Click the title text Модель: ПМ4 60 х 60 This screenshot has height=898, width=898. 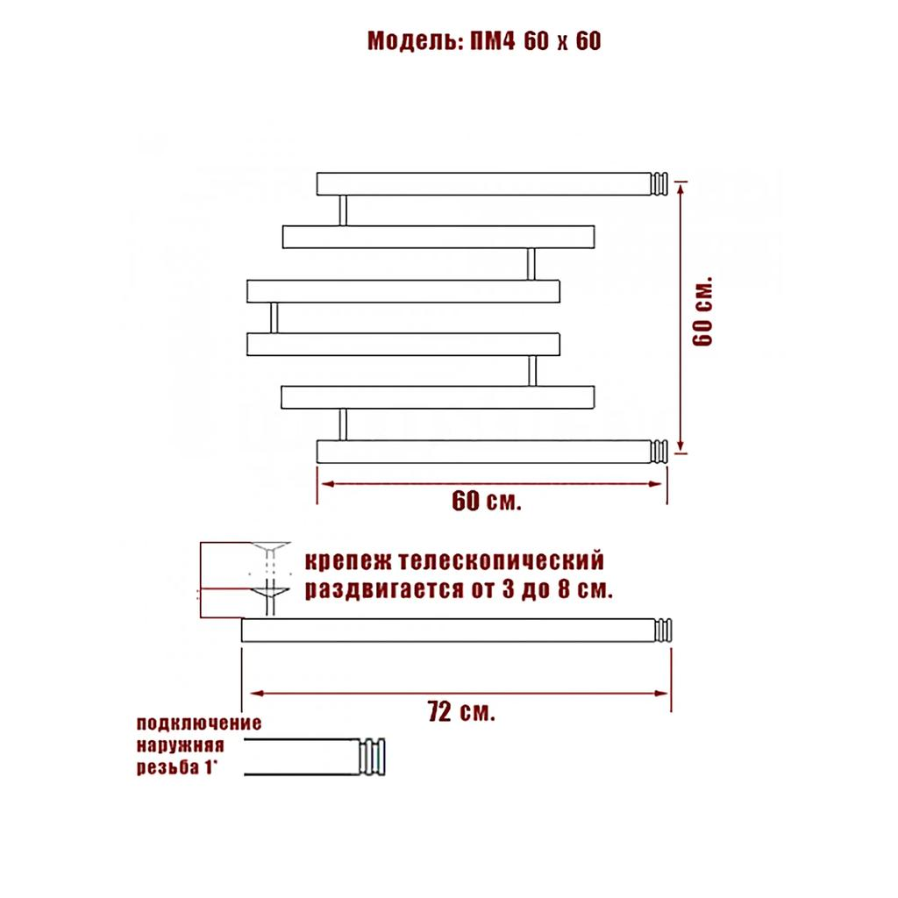pos(484,41)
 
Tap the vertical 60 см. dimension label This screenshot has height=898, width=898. pos(704,314)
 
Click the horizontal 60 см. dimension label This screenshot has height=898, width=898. pos(487,502)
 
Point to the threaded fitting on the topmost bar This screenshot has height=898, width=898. pos(659,184)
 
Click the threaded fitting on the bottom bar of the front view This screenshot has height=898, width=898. pos(659,452)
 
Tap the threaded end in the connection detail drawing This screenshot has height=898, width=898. pos(374,756)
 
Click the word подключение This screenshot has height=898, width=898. pos(199,724)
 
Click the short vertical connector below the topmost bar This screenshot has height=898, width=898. pos(343,210)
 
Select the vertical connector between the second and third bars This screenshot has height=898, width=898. pos(531,264)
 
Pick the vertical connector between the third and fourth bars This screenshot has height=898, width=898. pos(274,317)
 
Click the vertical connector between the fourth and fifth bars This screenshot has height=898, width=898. pos(531,370)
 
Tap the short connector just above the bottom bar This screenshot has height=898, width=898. pos(343,424)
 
